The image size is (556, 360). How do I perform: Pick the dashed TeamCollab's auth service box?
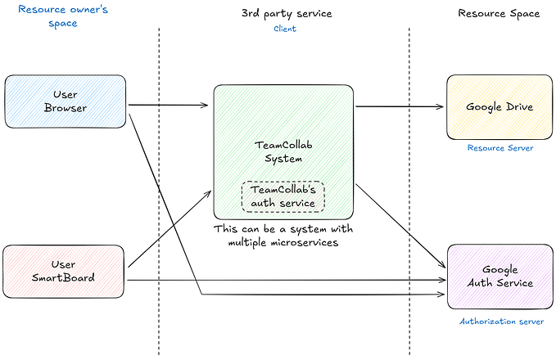pos(283,196)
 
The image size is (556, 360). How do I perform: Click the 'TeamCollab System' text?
pos(283,151)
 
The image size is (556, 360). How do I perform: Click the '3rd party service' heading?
pos(287,14)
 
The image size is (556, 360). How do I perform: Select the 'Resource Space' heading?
pos(499,14)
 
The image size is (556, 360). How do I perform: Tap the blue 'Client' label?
pos(285,29)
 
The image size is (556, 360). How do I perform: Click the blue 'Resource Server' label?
pos(500,148)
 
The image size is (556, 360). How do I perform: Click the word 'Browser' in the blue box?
pos(66,108)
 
